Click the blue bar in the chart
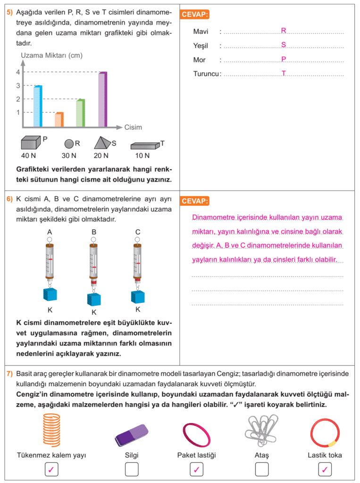[38, 107]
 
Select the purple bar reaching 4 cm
[102, 100]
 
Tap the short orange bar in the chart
[59, 120]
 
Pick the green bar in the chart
[80, 113]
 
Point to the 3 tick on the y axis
[18, 85]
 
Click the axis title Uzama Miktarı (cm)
[52, 55]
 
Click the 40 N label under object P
[29, 156]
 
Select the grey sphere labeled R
[69, 143]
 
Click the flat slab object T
[145, 146]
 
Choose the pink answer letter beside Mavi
[284, 31]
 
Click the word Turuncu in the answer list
[206, 74]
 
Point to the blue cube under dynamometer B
[94, 299]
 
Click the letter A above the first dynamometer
[50, 232]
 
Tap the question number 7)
[9, 374]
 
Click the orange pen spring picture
[51, 430]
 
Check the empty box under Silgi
[132, 469]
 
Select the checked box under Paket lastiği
[196, 469]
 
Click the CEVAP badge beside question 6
[194, 201]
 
